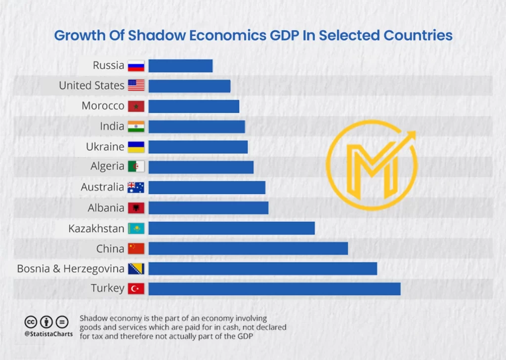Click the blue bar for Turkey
coord(274,288)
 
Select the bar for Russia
coord(180,66)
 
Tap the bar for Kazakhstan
coord(231,228)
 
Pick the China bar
coord(248,248)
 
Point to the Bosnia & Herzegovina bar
coord(262,269)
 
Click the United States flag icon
coord(136,86)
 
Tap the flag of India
coord(136,126)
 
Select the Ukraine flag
coord(136,147)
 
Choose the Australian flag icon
coord(136,187)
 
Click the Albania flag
coord(136,208)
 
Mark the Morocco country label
coord(103,106)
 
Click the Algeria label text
coord(107,166)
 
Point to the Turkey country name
coord(107,288)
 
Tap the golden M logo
coord(372,163)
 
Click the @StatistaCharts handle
coord(48,334)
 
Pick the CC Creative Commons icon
coord(31,322)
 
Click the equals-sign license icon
coord(62,322)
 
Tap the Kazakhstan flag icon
coord(136,228)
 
